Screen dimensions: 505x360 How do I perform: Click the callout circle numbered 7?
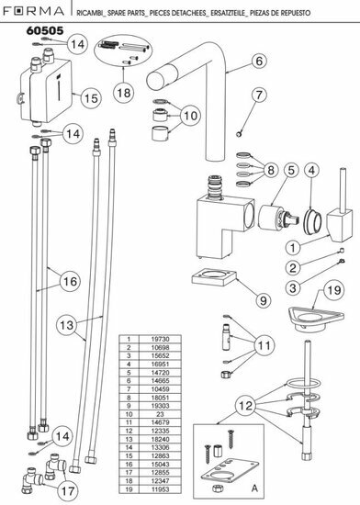pos(259,95)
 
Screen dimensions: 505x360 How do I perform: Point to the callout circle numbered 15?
pos(90,96)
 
